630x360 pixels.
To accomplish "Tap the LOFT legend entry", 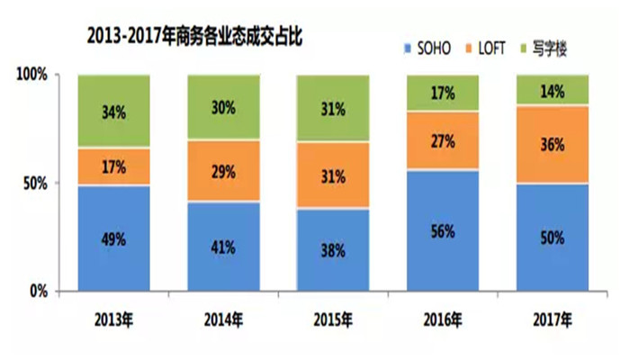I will [498, 45].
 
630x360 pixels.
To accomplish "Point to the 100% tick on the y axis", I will [31, 75].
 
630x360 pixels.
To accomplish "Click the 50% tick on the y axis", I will [36, 184].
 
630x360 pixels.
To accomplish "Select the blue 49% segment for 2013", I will [113, 238].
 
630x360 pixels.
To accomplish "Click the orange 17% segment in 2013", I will [113, 166].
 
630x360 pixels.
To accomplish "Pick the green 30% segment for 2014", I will [223, 107].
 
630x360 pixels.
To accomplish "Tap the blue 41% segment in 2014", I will [223, 247].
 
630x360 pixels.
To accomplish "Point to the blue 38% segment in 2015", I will [333, 250].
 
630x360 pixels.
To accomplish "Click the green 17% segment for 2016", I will [443, 93].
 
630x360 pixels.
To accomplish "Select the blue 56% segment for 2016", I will [443, 230].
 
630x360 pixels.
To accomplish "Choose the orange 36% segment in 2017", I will [552, 144].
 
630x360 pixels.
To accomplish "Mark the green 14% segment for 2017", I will [552, 90].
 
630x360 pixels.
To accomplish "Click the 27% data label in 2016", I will [443, 140].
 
